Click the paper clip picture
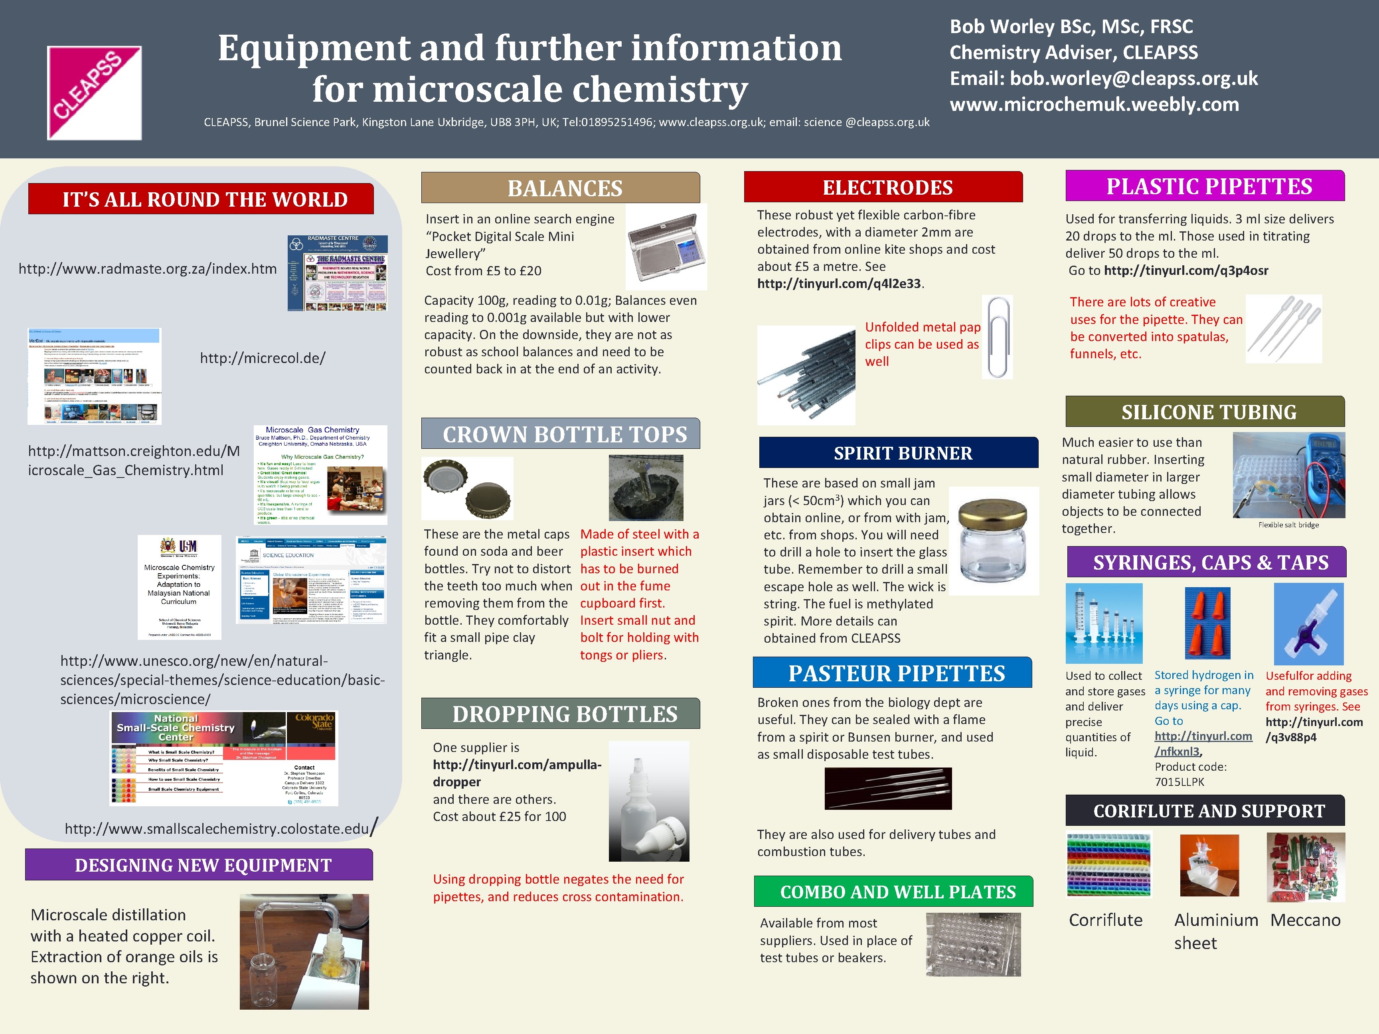coord(998,337)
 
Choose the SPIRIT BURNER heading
coord(902,453)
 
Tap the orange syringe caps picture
coord(1207,623)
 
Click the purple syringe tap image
coord(1308,624)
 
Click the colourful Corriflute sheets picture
coord(1108,864)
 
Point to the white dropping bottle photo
coord(648,801)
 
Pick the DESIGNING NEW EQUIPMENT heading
coord(203,865)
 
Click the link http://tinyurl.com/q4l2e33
coord(838,284)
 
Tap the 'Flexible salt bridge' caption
coord(1288,525)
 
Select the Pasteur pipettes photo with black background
coord(888,788)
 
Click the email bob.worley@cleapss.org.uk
coord(1133,79)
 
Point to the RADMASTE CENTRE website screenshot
coord(337,273)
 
